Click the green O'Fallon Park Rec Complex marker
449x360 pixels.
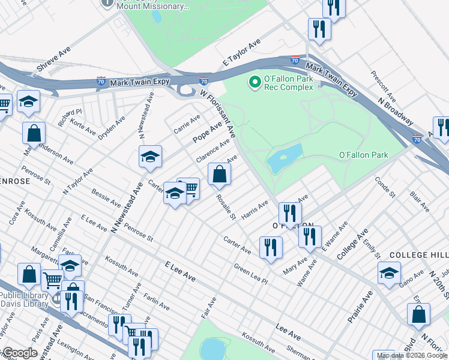click(x=255, y=81)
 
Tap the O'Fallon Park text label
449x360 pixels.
click(x=363, y=155)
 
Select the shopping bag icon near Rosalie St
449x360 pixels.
click(x=220, y=175)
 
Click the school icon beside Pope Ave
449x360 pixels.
click(x=149, y=157)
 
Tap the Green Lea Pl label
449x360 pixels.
click(x=250, y=273)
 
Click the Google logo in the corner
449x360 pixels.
click(x=19, y=353)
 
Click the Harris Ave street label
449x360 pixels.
click(x=255, y=209)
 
